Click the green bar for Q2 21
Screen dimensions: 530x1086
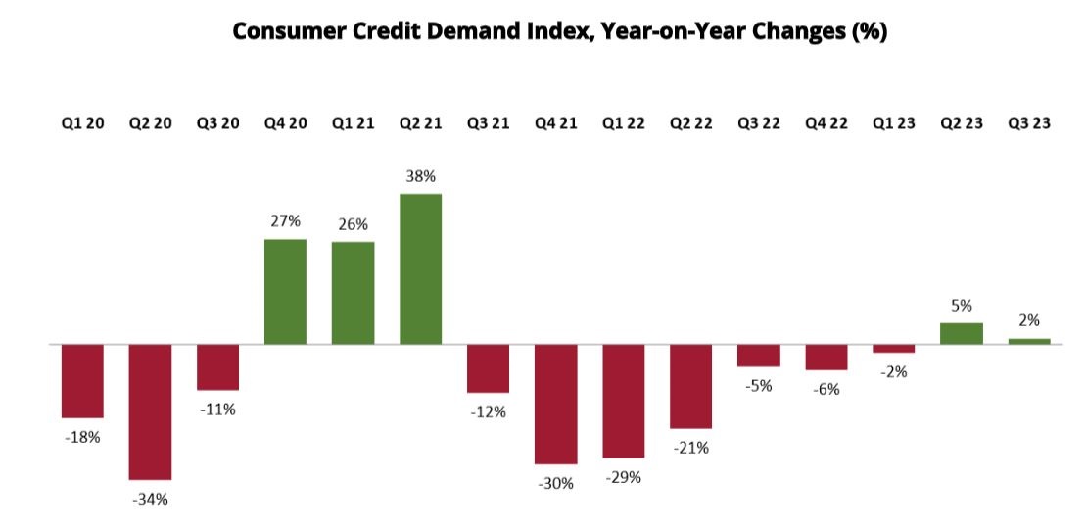pyautogui.click(x=420, y=269)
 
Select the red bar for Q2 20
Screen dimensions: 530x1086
pyautogui.click(x=150, y=411)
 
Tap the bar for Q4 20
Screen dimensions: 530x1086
pyautogui.click(x=285, y=292)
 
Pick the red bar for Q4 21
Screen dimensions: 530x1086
pyautogui.click(x=555, y=404)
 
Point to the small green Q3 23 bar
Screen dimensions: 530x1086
pyautogui.click(x=1029, y=341)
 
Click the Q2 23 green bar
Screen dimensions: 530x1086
pyautogui.click(x=961, y=333)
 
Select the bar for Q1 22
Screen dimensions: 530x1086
pyautogui.click(x=623, y=401)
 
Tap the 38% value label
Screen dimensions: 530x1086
pyautogui.click(x=420, y=177)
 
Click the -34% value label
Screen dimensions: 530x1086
pyautogui.click(x=150, y=499)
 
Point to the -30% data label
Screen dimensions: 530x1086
pyautogui.click(x=555, y=483)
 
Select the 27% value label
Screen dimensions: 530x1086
pyautogui.click(x=285, y=221)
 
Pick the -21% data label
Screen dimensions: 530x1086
pyautogui.click(x=690, y=448)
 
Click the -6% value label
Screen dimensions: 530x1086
pyautogui.click(x=826, y=389)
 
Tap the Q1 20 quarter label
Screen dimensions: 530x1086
pyautogui.click(x=82, y=125)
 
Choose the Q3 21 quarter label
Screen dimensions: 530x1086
pyautogui.click(x=488, y=125)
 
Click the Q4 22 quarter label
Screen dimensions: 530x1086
pyautogui.click(x=826, y=125)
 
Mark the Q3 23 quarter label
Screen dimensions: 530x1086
pyautogui.click(x=1029, y=125)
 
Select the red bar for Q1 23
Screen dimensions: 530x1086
pyautogui.click(x=893, y=349)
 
